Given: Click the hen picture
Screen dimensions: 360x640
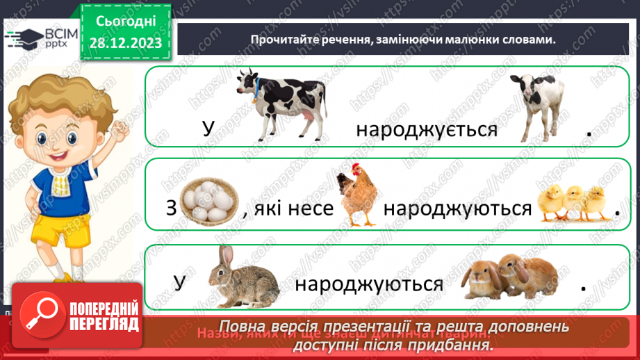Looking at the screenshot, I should pos(356,194).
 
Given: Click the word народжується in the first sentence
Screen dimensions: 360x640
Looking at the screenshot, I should pos(427,130).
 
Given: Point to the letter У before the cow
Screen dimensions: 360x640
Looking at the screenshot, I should pos(208,130).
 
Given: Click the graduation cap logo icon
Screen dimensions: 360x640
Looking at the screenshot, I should pos(24,40).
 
